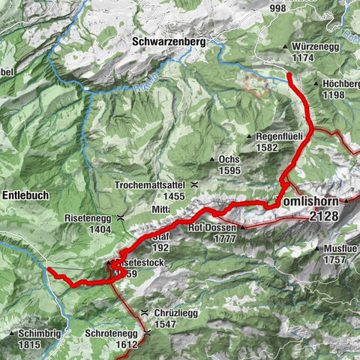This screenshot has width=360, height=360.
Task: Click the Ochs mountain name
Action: pyautogui.click(x=230, y=160)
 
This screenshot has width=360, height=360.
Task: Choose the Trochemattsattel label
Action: pyautogui.click(x=150, y=184)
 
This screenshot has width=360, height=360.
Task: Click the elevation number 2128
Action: pyautogui.click(x=322, y=216)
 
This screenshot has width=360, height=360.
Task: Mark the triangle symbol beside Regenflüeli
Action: pyautogui.click(x=249, y=136)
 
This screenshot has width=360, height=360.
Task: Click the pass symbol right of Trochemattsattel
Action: pyautogui.click(x=195, y=184)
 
